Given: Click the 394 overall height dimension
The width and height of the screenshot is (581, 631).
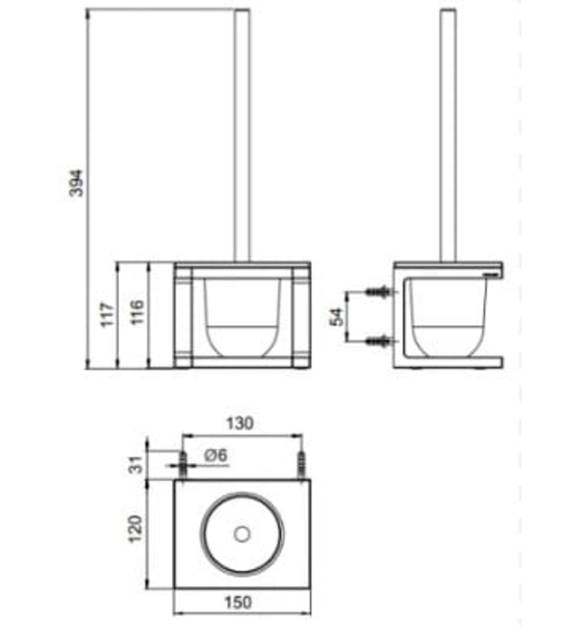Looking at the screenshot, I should coord(77,185).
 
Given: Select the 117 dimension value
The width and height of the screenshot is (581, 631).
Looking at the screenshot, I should coord(107,315).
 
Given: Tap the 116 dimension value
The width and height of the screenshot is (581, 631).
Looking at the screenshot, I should coord(135,315).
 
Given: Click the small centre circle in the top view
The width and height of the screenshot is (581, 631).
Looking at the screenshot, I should coord(241,534).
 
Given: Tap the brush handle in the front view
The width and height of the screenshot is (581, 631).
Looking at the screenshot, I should coord(241,135).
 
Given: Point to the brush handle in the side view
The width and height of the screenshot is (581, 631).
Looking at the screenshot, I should coord(447,135).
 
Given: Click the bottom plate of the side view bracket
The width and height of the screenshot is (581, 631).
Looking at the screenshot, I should coord(450,362).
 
